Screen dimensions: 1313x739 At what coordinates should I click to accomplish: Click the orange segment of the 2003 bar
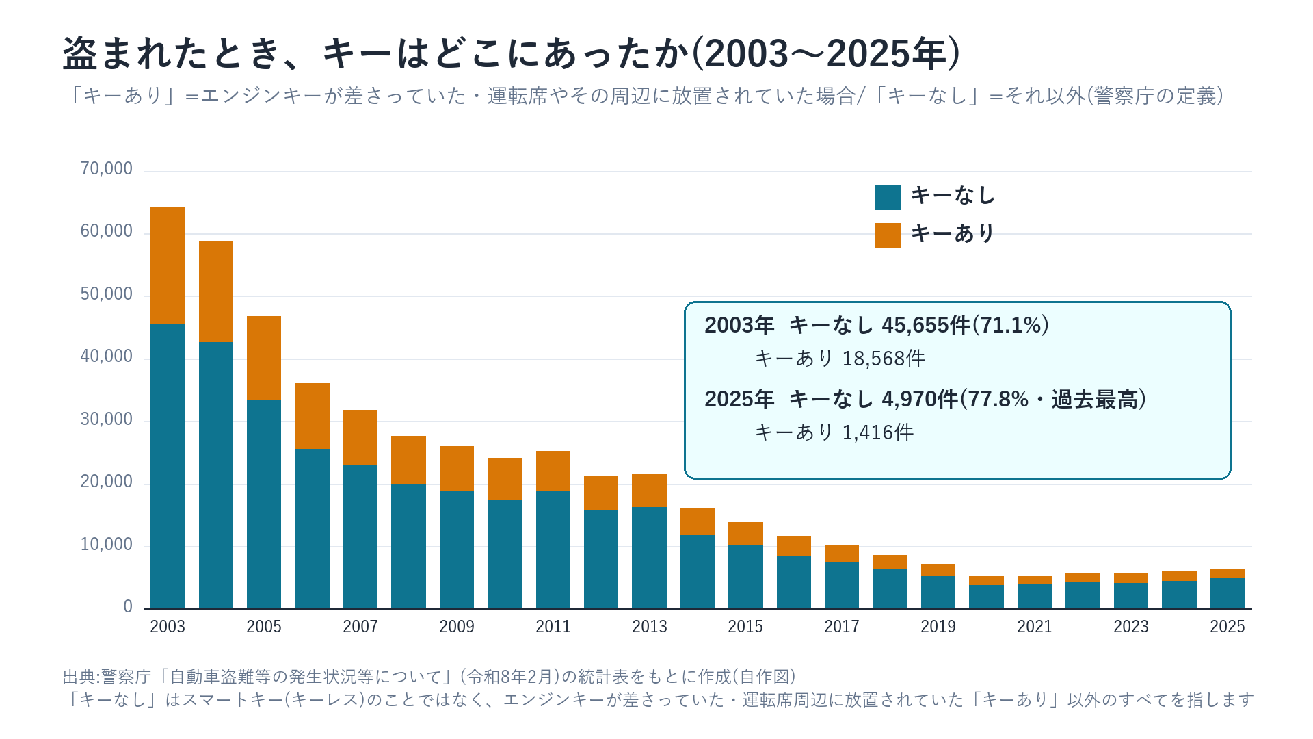[168, 265]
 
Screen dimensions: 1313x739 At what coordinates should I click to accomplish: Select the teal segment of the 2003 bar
[168, 466]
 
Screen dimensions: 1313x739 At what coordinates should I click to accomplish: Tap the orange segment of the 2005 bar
[264, 358]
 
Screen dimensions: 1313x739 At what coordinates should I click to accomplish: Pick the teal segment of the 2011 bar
[553, 549]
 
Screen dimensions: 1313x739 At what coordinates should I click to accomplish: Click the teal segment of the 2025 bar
[1228, 593]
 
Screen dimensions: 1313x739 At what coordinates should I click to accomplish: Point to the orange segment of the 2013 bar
[649, 491]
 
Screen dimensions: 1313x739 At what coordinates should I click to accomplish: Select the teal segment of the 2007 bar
[360, 536]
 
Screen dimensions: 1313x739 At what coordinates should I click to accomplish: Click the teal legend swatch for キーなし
[888, 197]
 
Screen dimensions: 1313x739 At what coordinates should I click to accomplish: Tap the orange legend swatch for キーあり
[888, 235]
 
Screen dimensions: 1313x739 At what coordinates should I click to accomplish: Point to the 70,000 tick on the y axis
[107, 169]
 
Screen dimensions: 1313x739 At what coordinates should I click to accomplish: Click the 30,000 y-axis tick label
[107, 419]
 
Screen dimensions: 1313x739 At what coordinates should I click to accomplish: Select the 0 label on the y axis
[128, 607]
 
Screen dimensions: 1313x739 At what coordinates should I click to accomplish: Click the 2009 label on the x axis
[457, 627]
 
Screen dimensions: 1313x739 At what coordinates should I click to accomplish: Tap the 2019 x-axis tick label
[938, 627]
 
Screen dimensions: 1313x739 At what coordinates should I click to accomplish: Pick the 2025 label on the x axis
[1228, 627]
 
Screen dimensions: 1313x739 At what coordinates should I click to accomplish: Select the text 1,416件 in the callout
[878, 432]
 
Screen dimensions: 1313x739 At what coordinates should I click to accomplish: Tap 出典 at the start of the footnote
[79, 677]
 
